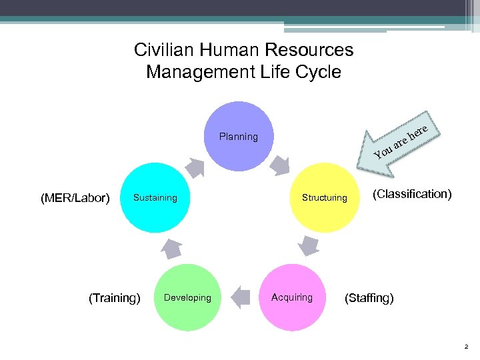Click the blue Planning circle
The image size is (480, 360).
click(x=239, y=137)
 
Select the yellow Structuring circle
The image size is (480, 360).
click(x=325, y=197)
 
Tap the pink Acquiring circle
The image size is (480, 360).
click(x=292, y=297)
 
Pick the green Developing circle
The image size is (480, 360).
click(x=187, y=297)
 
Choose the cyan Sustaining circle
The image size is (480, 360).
click(x=155, y=197)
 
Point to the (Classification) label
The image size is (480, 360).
click(x=412, y=194)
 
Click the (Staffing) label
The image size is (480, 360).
click(x=369, y=298)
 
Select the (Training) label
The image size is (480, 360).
click(x=115, y=298)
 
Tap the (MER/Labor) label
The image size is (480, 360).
click(x=75, y=198)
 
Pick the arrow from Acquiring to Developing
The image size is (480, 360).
click(x=240, y=294)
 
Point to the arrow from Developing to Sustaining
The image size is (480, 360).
click(x=171, y=247)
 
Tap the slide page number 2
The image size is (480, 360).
click(x=466, y=347)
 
